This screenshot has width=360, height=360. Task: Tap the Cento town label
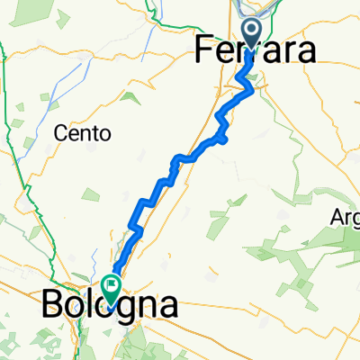pyautogui.click(x=82, y=134)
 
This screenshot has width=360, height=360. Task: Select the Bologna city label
pyautogui.click(x=108, y=307)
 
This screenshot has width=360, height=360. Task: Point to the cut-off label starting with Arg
pyautogui.click(x=345, y=219)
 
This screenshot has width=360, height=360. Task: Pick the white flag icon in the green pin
pyautogui.click(x=112, y=287)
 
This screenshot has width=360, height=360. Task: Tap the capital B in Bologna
pyautogui.click(x=51, y=307)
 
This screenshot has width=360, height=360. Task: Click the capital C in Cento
pyautogui.click(x=61, y=134)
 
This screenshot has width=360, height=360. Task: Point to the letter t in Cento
pyautogui.click(x=95, y=134)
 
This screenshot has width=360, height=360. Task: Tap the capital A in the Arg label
pyautogui.click(x=336, y=219)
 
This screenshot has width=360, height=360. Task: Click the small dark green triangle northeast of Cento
pyautogui.click(x=130, y=96)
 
